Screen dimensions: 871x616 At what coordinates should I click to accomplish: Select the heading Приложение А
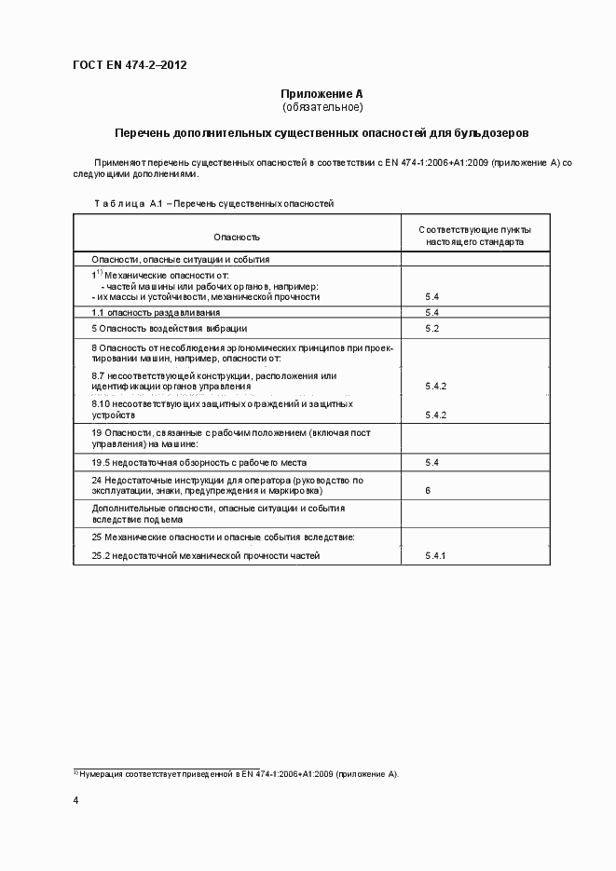tap(322, 94)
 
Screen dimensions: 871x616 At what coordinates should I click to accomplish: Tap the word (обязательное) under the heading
tap(322, 107)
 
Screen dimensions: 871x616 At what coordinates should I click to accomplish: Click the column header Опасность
tap(237, 238)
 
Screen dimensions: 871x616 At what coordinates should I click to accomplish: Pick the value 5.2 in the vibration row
tap(431, 329)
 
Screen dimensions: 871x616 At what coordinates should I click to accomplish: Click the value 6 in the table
tap(427, 489)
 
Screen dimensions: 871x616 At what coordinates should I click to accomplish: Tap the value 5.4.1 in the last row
tap(436, 556)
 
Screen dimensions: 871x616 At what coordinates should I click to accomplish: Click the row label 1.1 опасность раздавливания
tap(156, 313)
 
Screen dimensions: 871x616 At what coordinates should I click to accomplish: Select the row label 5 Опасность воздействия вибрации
tap(170, 329)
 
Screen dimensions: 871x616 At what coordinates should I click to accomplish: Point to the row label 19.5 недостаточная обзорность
tap(198, 462)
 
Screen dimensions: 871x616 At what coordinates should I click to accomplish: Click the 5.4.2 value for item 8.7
tap(436, 386)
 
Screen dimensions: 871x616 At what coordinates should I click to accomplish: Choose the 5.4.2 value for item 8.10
tap(436, 415)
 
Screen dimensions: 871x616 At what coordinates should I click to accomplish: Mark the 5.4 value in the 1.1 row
tap(431, 313)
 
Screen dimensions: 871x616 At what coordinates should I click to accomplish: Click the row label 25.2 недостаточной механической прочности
tap(205, 556)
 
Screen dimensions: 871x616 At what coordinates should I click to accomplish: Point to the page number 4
tap(76, 801)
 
